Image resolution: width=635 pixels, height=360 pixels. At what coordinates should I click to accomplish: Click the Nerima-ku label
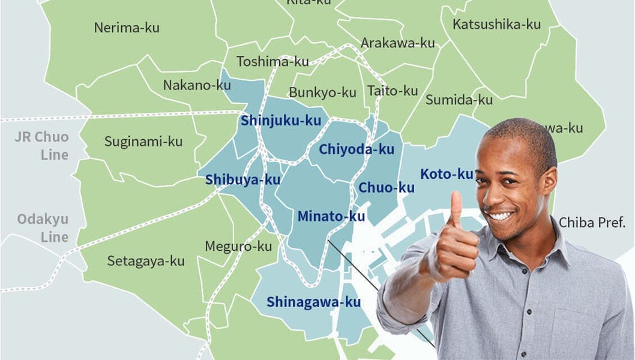click(x=127, y=27)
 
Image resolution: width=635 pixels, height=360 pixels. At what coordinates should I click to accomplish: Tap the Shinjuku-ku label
click(x=281, y=121)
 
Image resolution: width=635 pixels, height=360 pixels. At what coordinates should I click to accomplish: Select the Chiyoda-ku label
click(x=357, y=149)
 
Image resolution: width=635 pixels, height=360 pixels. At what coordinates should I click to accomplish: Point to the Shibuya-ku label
click(x=242, y=179)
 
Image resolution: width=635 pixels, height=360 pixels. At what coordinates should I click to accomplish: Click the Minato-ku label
click(x=331, y=216)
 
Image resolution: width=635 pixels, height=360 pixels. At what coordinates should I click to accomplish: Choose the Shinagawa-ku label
click(x=313, y=301)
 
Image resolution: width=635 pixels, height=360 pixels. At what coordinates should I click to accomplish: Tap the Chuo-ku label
click(x=386, y=188)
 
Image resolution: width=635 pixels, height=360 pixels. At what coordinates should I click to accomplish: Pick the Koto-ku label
click(x=447, y=174)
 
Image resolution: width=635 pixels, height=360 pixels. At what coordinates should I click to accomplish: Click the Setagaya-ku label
click(x=146, y=261)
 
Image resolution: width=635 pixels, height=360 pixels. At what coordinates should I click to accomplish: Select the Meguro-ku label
click(x=238, y=246)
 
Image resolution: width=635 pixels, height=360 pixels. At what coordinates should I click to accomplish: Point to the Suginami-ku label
click(x=143, y=142)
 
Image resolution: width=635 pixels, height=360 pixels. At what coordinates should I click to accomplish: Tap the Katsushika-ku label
click(x=496, y=25)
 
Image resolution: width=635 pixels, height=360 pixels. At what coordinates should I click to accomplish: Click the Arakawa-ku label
click(x=397, y=43)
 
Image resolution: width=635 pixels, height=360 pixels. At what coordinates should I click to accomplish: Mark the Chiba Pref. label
click(x=592, y=223)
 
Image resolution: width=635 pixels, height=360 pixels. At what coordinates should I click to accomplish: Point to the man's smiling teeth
click(x=501, y=215)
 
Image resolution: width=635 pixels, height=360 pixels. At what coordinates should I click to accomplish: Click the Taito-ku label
click(x=392, y=91)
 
